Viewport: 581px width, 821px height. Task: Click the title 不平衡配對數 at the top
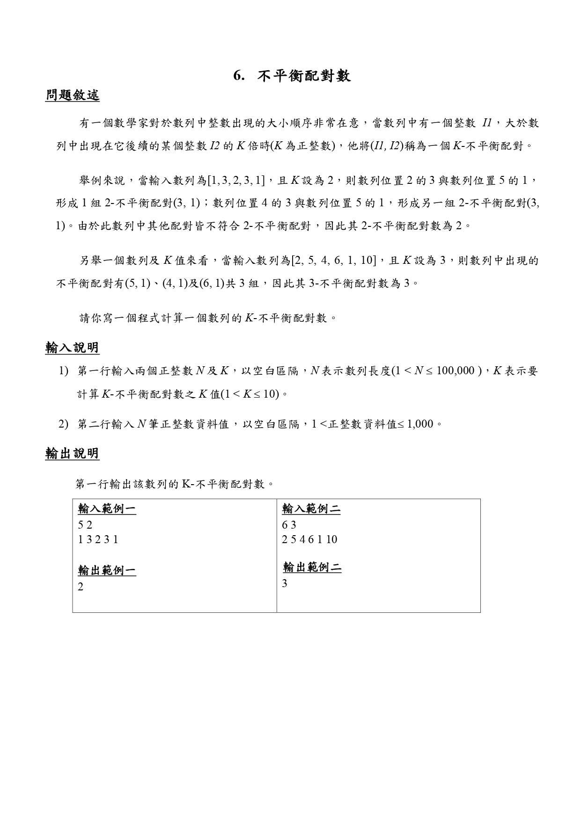304,76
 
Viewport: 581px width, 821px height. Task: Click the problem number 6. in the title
239,76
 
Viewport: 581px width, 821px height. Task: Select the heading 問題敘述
72,95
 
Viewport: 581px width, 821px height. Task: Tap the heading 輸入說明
72,348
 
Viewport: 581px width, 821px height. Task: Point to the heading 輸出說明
72,453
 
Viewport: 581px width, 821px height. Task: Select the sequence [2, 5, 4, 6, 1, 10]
333,261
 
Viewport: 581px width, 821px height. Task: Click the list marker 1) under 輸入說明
64,371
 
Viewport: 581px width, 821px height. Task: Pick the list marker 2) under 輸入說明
64,424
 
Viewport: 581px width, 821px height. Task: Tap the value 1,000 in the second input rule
420,424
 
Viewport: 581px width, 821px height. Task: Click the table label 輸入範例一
107,509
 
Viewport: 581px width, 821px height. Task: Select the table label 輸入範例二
311,509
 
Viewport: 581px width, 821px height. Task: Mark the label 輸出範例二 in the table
312,568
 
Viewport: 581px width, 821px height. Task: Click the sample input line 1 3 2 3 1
98,539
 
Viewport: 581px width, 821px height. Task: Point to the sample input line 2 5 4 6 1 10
309,539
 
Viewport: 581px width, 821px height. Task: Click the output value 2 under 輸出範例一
81,587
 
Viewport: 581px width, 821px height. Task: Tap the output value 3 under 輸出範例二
285,584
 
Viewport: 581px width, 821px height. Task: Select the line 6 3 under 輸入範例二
289,525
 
